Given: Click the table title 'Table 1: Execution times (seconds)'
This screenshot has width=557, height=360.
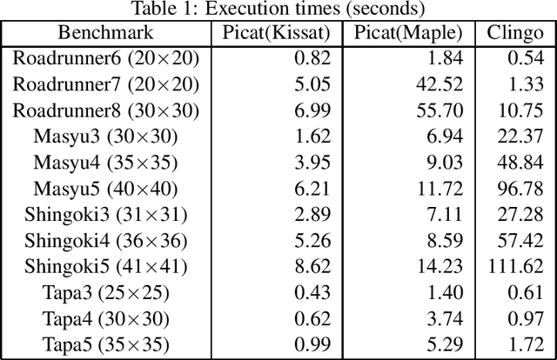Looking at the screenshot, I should tap(278, 10).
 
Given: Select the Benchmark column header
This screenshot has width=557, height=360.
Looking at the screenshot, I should tap(105, 34).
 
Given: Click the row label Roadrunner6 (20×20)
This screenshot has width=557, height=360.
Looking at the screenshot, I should tap(105, 58).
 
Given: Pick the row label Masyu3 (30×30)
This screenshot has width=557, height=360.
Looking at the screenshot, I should tap(105, 137).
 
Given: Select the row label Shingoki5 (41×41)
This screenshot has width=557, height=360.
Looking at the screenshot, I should tap(105, 266).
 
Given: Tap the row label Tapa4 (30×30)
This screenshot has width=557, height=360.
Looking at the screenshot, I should tap(105, 318).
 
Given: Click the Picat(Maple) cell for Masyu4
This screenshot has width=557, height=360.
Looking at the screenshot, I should tap(445, 163).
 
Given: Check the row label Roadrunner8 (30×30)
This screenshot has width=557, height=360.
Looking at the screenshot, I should tap(105, 110).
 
